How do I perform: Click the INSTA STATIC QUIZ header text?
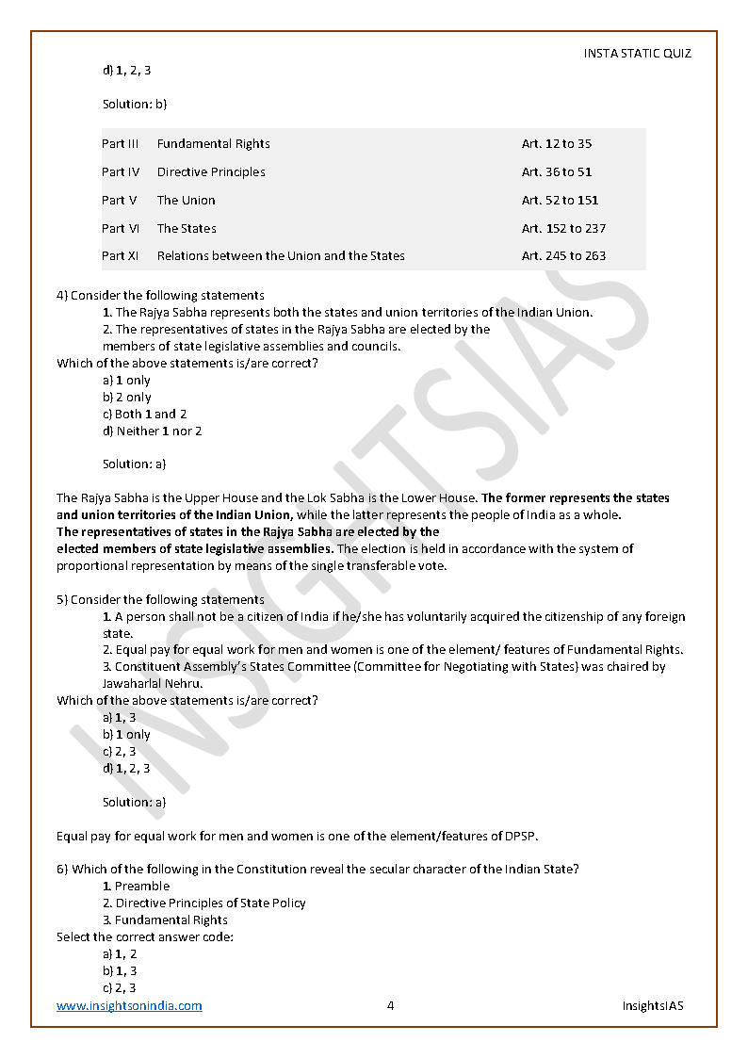[637, 54]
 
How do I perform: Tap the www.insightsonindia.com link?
[129, 1005]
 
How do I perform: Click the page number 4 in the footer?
[390, 1005]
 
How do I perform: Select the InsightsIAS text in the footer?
[653, 1005]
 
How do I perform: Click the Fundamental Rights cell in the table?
[214, 144]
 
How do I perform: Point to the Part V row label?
[120, 200]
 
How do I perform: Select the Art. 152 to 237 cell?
[563, 228]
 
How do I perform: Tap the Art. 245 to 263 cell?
[563, 255]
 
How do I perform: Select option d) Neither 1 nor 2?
[152, 431]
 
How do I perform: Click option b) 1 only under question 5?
[126, 735]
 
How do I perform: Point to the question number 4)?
[62, 296]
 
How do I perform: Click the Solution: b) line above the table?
[135, 104]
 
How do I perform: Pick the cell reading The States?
[187, 228]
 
